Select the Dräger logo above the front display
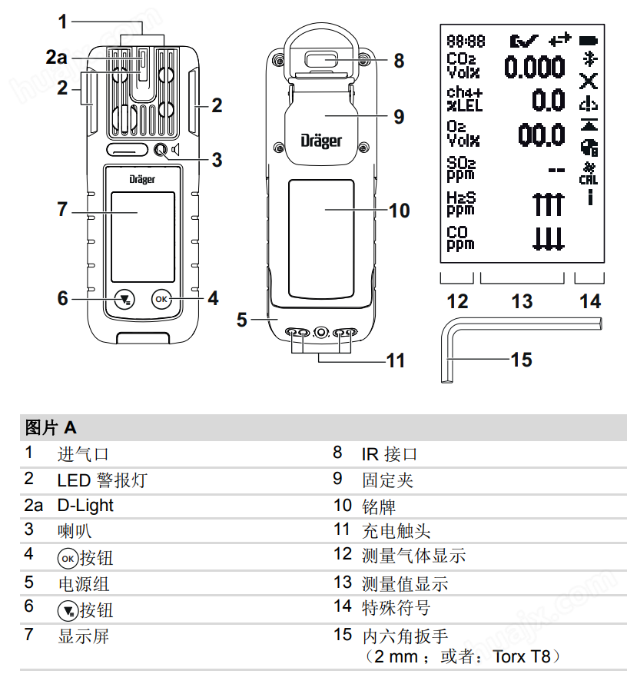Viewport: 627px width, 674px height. click(x=141, y=178)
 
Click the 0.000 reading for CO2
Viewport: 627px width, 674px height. click(x=534, y=68)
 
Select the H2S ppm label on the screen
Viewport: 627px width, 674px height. click(x=461, y=204)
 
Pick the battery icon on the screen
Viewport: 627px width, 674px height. click(x=589, y=39)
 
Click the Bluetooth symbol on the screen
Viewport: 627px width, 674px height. click(x=589, y=59)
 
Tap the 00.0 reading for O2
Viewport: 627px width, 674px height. click(x=542, y=135)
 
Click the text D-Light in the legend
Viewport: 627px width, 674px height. click(x=85, y=505)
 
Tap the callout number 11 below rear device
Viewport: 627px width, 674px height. click(x=395, y=360)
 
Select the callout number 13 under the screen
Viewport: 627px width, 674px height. click(x=522, y=300)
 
